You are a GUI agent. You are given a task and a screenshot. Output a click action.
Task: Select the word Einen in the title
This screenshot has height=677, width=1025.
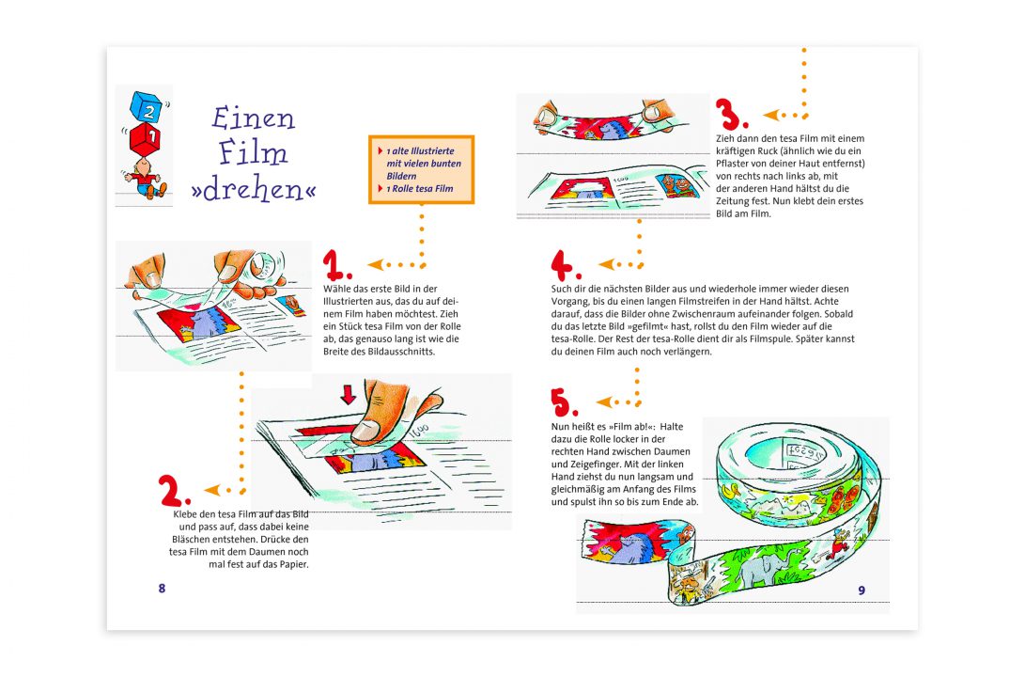click(253, 118)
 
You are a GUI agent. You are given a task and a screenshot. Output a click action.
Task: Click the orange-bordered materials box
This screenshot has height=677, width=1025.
click(421, 169)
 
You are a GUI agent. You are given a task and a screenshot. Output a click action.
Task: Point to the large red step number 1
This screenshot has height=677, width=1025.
click(336, 265)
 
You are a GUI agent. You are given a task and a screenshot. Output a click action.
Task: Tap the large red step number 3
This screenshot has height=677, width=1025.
click(729, 115)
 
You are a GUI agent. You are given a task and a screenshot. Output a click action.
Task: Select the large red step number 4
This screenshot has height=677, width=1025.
click(567, 265)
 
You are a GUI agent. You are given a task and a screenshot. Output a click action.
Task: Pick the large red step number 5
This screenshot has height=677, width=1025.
click(564, 402)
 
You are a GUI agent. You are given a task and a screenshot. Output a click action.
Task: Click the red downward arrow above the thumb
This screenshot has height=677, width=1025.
click(349, 393)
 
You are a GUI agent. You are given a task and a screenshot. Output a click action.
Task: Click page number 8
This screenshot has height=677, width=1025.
click(162, 588)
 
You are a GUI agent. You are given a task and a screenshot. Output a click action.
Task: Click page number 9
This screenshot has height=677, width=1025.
click(861, 590)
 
